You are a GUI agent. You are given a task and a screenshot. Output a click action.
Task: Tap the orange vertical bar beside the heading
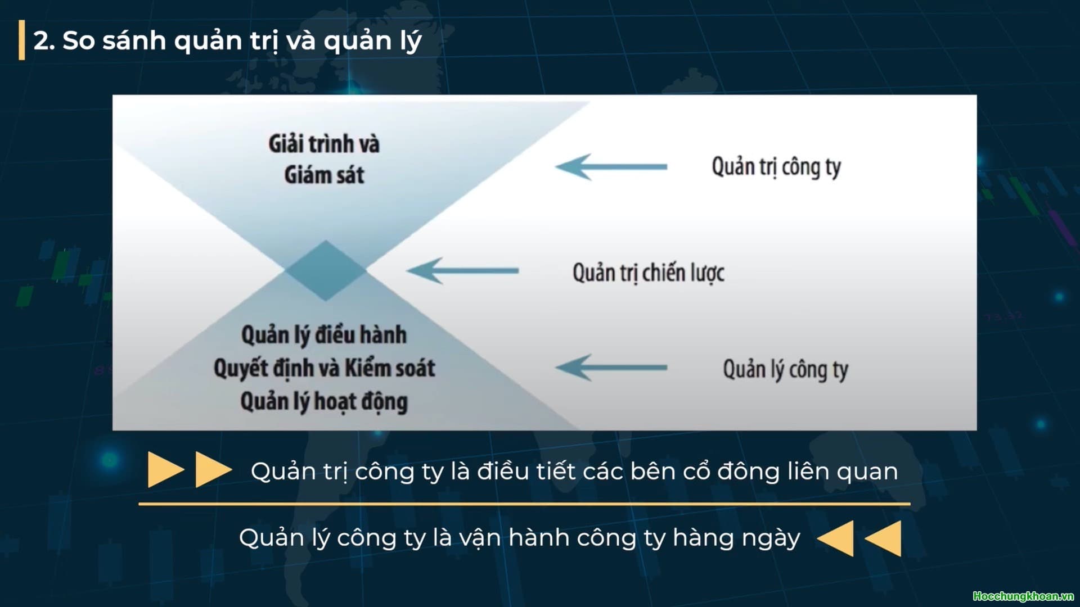point(22,40)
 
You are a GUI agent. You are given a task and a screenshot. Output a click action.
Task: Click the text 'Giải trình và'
point(324,144)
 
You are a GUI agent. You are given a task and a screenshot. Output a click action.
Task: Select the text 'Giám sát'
point(324,175)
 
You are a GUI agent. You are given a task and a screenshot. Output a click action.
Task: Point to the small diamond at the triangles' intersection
point(325,270)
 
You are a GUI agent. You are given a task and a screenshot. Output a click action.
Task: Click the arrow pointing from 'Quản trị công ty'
point(611,166)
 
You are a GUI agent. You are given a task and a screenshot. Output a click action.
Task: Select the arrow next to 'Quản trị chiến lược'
point(462,270)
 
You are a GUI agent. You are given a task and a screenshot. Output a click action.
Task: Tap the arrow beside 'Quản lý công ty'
point(611,368)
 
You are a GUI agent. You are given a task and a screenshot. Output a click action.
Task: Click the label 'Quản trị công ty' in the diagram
point(776,167)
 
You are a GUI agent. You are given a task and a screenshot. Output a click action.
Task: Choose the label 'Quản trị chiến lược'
point(648,273)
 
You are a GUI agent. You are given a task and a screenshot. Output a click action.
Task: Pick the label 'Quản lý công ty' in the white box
point(785,370)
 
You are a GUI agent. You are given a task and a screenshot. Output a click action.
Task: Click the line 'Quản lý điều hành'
point(324,335)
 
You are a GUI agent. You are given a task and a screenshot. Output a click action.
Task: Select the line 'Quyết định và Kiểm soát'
point(324,368)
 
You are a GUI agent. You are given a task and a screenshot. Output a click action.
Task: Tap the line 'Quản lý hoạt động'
point(324,402)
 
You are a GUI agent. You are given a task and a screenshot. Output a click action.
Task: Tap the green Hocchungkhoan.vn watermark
point(1023,596)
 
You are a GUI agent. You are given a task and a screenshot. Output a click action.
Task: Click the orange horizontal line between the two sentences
point(524,504)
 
